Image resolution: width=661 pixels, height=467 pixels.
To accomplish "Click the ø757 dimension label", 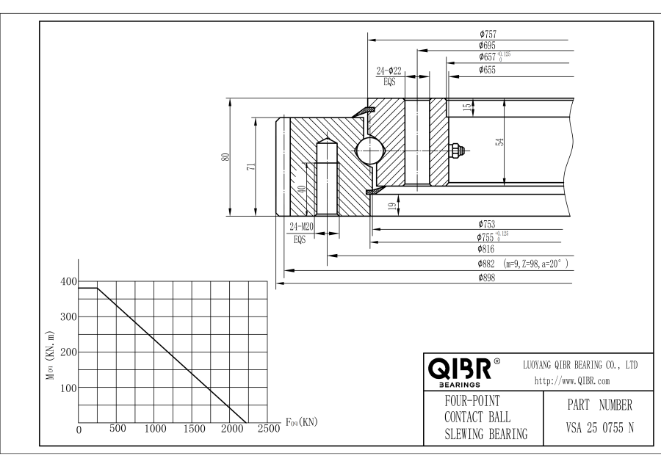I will tap(488, 34).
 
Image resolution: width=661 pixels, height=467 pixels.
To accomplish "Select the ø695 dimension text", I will tap(488, 46).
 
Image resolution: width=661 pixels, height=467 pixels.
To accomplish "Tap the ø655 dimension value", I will tap(488, 70).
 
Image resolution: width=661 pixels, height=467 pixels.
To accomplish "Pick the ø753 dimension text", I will tap(488, 223).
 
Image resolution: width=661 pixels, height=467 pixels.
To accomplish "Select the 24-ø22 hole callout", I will tap(389, 71).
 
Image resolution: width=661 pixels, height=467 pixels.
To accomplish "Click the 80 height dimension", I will tap(226, 157).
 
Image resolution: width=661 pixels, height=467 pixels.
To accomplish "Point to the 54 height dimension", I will tap(499, 142).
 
